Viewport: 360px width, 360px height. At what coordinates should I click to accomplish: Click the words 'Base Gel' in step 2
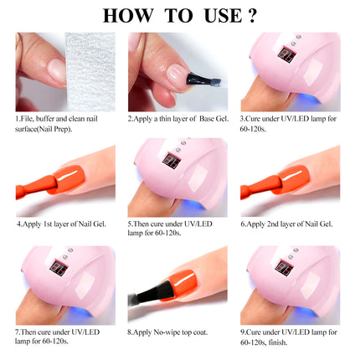pos(213,119)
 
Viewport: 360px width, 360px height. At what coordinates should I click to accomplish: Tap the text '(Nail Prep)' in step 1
pos(56,129)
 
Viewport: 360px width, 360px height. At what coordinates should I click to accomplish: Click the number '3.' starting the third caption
pos(244,119)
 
